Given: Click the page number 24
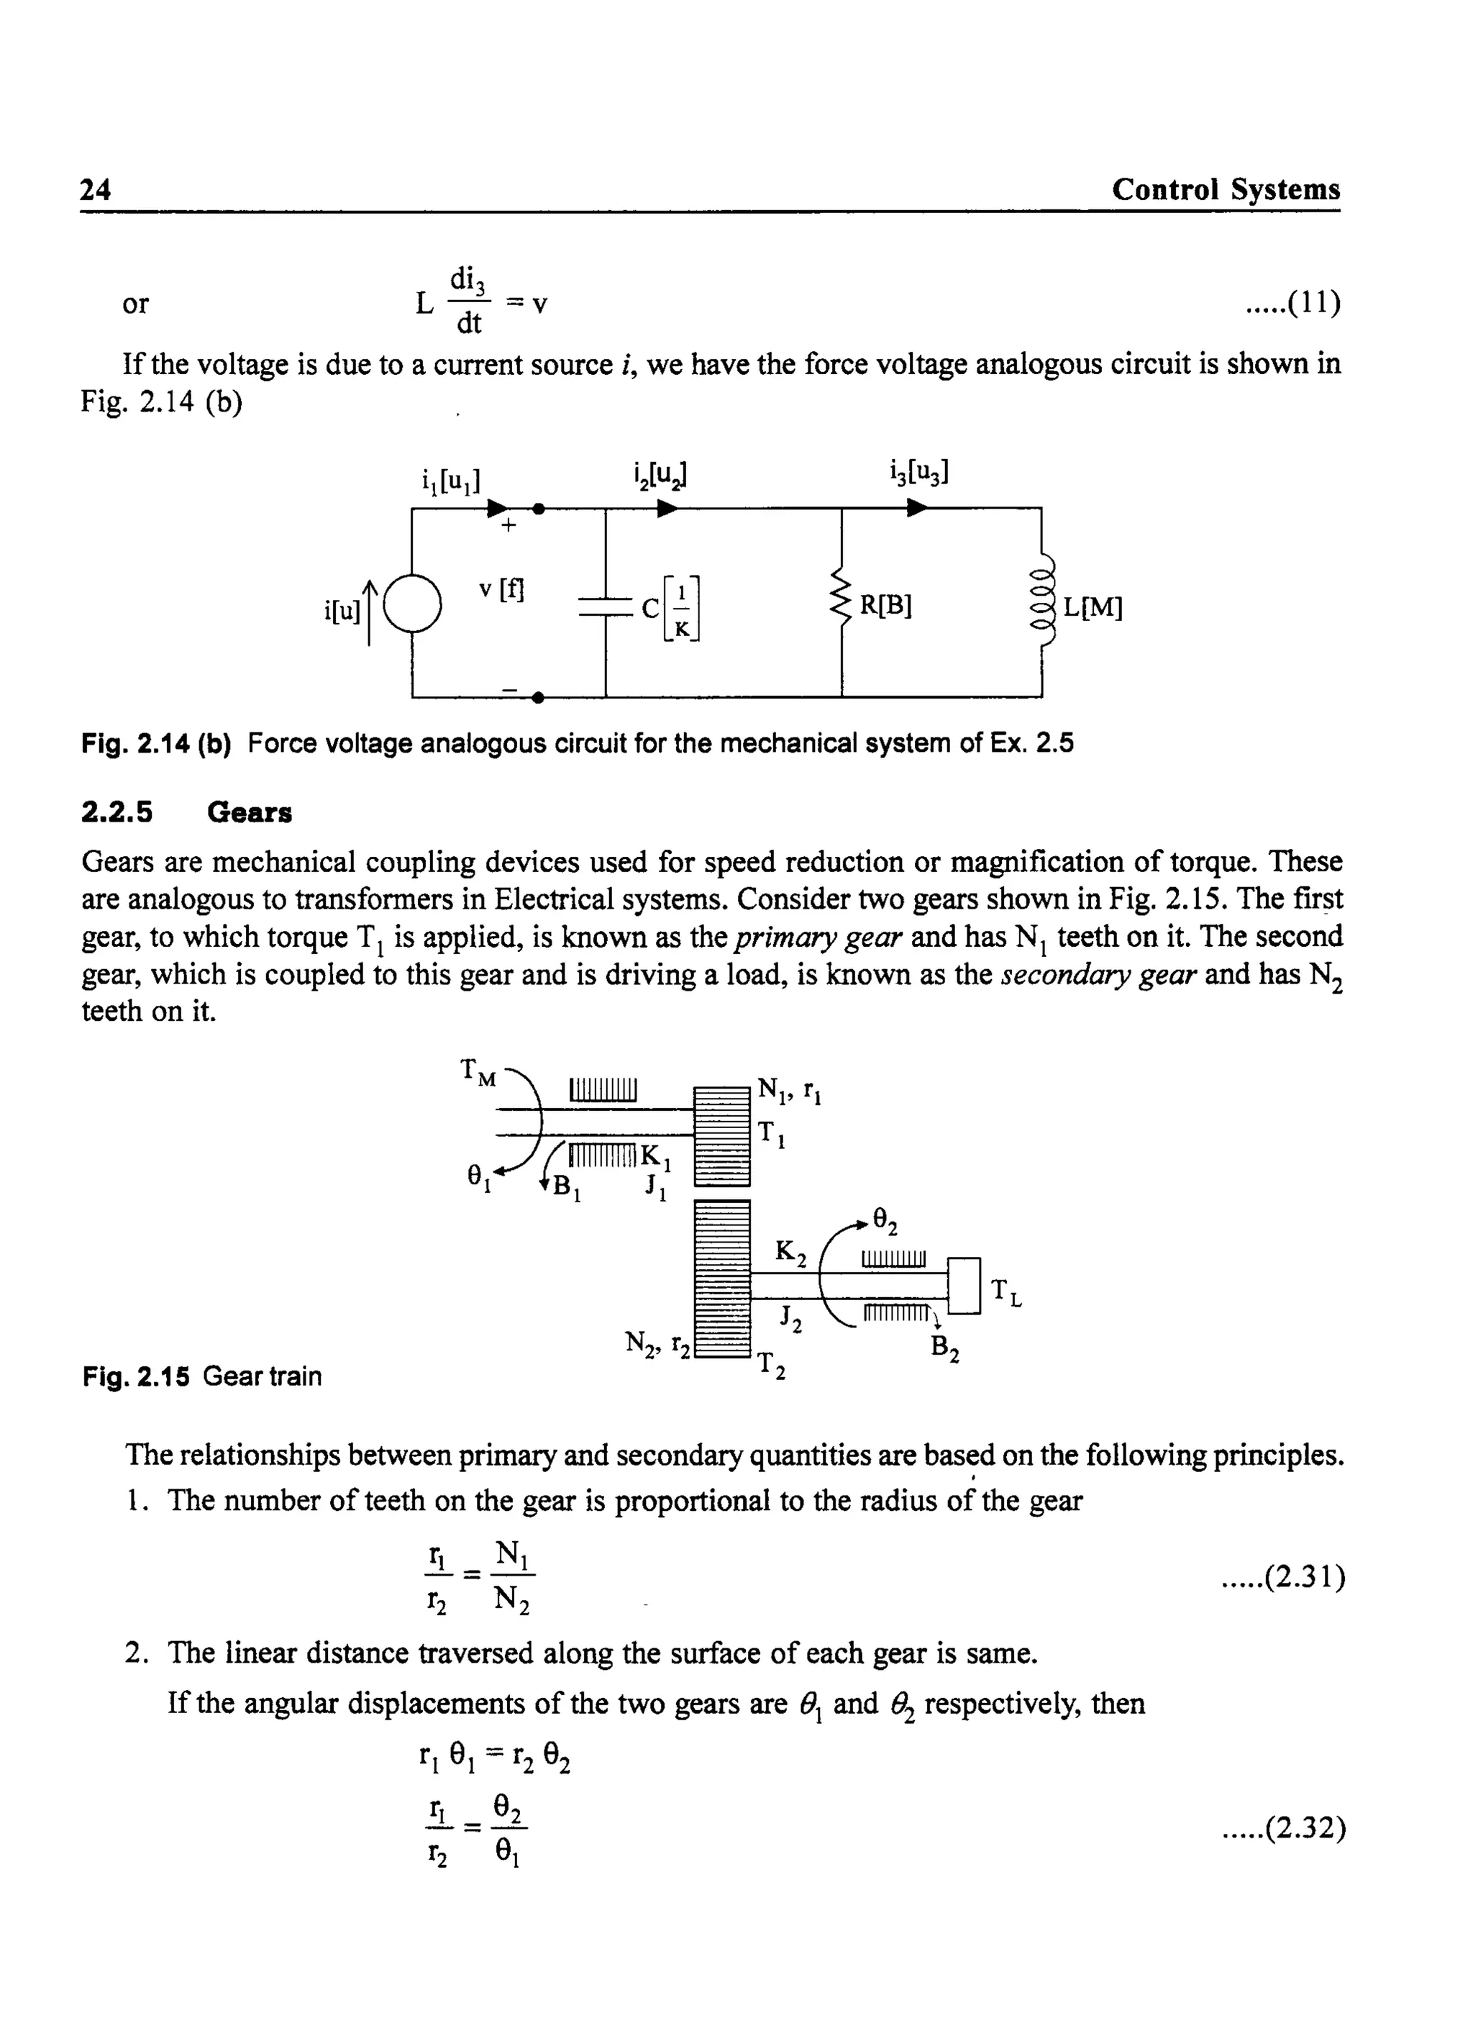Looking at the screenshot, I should (96, 190).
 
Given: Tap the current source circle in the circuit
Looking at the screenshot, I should (412, 604).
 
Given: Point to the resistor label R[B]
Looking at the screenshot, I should (885, 607).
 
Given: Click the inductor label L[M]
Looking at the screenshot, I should (1093, 608).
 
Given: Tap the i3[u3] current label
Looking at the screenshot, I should (918, 472).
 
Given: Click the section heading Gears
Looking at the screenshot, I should (250, 812).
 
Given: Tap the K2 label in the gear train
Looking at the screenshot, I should (790, 1253).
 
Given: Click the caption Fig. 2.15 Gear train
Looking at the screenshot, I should (202, 1376).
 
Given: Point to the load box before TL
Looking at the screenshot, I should (963, 1285).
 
